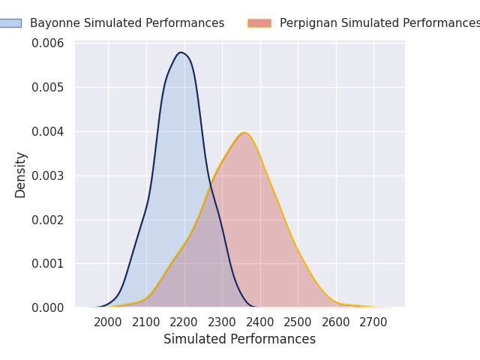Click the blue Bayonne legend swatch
(10, 23)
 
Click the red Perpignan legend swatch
(259, 23)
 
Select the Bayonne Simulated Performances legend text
(127, 23)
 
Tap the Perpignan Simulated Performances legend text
(379, 23)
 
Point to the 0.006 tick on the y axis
(48, 43)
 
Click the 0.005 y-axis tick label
(48, 88)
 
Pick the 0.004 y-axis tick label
(48, 132)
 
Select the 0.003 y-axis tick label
(48, 176)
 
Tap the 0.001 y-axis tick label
(48, 263)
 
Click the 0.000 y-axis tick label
(48, 307)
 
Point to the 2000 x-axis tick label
(108, 322)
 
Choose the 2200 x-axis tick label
(184, 322)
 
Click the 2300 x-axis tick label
(222, 322)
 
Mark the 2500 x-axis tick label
(298, 322)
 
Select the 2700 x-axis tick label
(373, 322)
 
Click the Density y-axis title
(20, 175)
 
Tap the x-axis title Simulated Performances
(240, 339)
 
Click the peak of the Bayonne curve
(181, 52)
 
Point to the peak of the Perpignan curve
(244, 133)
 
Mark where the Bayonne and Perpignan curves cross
(211, 186)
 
